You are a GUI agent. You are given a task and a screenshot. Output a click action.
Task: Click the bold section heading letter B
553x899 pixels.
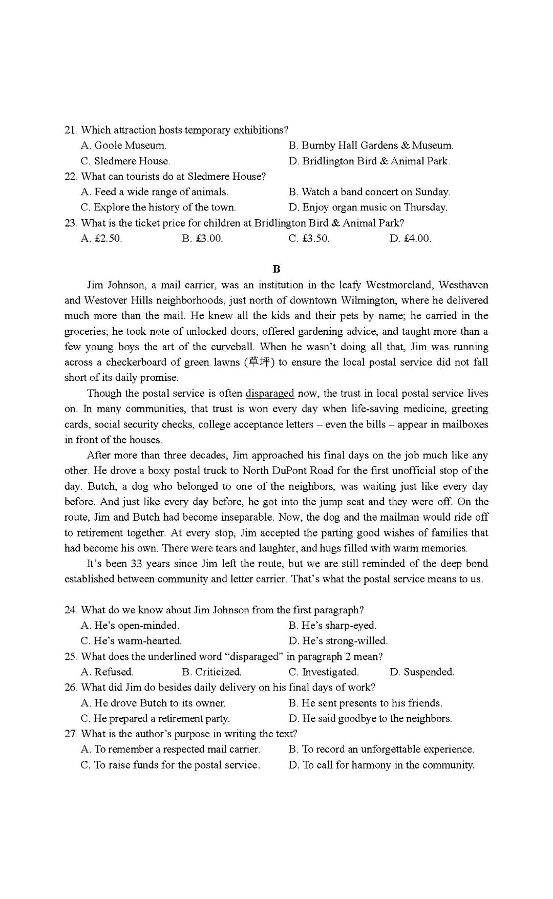tap(276, 269)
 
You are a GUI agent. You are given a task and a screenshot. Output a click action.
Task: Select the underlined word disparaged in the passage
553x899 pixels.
tap(270, 393)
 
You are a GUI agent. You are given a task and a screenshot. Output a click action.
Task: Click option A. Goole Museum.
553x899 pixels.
tap(123, 145)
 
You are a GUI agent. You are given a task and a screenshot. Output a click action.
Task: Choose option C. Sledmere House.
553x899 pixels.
tap(125, 161)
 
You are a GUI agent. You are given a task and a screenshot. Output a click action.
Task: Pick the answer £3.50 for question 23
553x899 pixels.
tap(309, 238)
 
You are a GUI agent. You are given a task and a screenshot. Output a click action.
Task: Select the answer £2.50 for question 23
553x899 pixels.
tap(101, 238)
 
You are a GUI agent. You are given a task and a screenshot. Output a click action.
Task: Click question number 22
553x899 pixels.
tap(71, 177)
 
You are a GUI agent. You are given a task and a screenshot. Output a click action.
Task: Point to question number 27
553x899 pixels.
tap(71, 734)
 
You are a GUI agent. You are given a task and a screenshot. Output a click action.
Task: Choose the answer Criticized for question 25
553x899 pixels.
tap(211, 672)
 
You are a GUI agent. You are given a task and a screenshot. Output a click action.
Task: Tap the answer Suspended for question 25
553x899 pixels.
tap(422, 672)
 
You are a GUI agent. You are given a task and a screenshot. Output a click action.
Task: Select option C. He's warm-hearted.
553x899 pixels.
tap(131, 641)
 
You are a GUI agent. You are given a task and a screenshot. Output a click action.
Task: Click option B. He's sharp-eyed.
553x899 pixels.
tap(332, 625)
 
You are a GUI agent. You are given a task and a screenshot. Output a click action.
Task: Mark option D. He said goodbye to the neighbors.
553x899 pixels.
tap(370, 718)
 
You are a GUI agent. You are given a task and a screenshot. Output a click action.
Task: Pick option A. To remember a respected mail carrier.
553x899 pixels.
tap(171, 749)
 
